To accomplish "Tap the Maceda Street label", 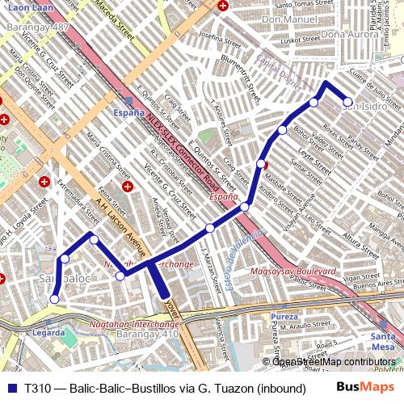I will point(114,21).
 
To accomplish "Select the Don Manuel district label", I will point(289,19).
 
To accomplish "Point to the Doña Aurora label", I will point(350,35).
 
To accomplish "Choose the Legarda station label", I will point(48,332).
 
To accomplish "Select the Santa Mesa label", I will point(382,341).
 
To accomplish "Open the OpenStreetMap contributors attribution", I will point(333,361).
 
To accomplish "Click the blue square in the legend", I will point(11,388).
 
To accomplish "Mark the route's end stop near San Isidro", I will point(348,103).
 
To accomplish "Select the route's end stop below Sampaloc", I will point(55,299).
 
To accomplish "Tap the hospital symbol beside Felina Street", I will point(127,187).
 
